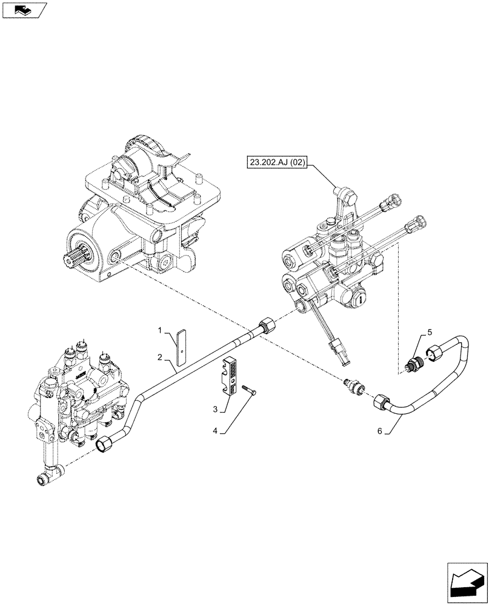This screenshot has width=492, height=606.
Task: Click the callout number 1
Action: pos(160,330)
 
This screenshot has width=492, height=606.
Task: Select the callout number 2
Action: pos(160,358)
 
